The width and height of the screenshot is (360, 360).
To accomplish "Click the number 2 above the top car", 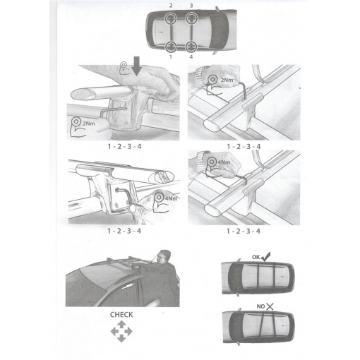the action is point(171,6).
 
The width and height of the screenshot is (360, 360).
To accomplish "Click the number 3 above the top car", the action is point(191,6).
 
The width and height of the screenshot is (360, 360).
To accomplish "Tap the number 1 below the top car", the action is point(171,56).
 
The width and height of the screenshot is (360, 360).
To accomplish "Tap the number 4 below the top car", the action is point(191,56).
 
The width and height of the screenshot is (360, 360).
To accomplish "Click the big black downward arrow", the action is point(136,66).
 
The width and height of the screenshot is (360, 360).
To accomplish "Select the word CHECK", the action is point(121,315).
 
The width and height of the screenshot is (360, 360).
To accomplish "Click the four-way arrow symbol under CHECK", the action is point(121,332).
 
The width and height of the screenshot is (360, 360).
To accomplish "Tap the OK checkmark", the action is point(266,257).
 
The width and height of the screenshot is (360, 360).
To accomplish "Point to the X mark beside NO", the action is point(270,306).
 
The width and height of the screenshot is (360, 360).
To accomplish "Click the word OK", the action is point(256,257).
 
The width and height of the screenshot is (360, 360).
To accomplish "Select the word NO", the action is point(260,306).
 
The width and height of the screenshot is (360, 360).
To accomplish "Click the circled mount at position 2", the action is point(171,18).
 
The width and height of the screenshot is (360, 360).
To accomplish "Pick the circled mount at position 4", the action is point(191,47).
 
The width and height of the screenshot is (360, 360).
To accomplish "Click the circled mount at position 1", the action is point(171,47).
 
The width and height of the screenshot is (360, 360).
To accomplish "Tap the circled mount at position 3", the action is point(191,18).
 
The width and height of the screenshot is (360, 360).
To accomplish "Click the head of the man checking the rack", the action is point(164,257).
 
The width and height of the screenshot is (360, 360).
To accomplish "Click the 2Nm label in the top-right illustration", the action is point(227,80).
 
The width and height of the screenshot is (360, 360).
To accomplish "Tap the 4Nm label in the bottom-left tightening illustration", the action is point(171,198).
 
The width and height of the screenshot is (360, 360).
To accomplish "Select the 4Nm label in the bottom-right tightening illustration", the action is point(224,162).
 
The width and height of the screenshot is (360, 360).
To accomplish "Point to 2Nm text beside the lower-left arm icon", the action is point(89,123).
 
